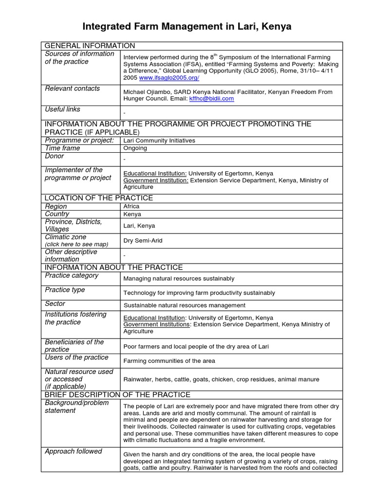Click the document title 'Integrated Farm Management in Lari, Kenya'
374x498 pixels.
pos(187,26)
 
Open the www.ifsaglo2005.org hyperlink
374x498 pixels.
pos(169,78)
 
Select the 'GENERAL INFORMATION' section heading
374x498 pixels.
pos(90,46)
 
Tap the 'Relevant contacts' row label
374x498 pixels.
pos(72,89)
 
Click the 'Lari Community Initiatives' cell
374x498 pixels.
pos(159,141)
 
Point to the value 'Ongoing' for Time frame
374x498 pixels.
pos(135,148)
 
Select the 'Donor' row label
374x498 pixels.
pos(54,156)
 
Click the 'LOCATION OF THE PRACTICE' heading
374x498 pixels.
pos(98,198)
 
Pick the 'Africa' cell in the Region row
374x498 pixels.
pos(131,206)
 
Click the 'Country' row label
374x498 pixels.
pos(57,214)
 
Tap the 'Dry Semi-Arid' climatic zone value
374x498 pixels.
pos(143,240)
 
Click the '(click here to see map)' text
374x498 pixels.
pos(76,244)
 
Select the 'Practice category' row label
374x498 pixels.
pos(71,275)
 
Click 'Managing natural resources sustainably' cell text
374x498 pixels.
pos(179,279)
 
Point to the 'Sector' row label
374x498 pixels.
pos(55,303)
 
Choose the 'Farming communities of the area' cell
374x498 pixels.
pos(169,361)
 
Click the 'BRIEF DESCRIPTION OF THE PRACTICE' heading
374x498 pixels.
pos(117,394)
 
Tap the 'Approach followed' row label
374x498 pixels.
pos(73,451)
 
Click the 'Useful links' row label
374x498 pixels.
pos(62,109)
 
